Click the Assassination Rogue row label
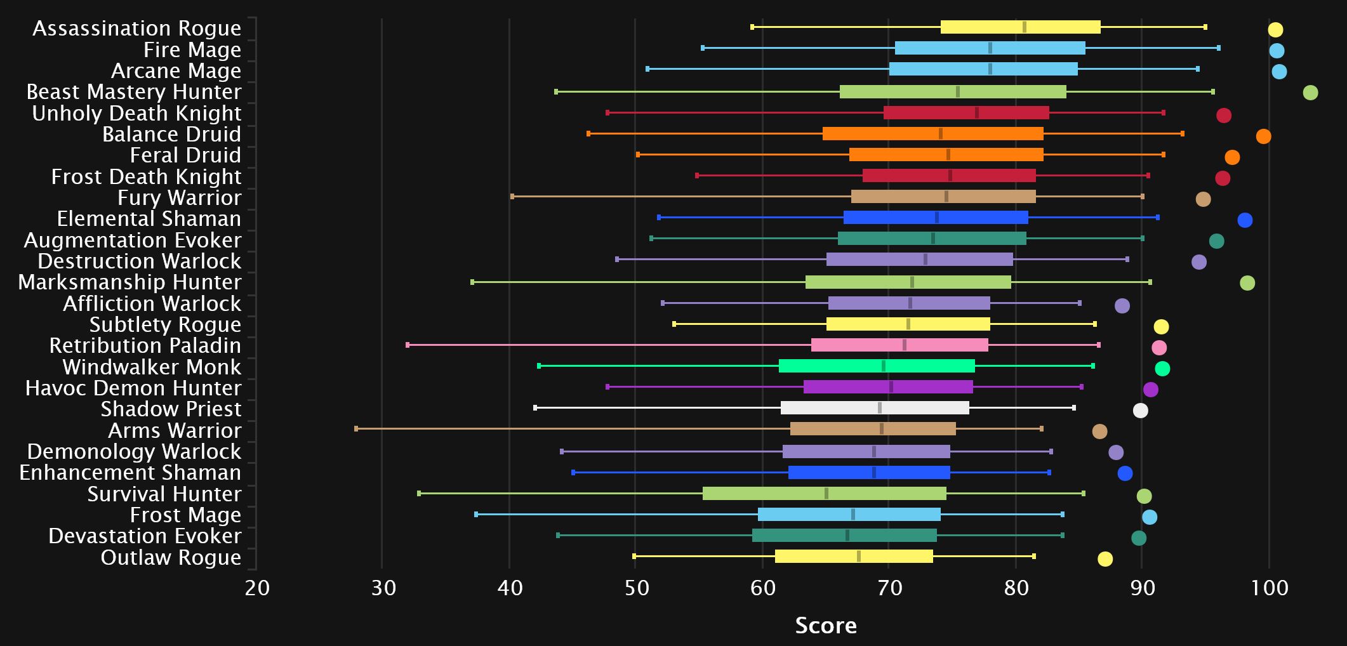point(137,29)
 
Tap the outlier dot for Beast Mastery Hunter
point(1310,93)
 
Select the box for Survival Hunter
point(824,494)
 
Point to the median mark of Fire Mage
point(990,48)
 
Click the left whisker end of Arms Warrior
point(356,429)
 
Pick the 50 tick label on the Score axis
point(636,588)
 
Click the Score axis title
point(826,626)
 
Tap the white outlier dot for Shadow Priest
point(1140,411)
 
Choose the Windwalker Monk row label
point(152,367)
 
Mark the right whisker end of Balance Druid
point(1182,133)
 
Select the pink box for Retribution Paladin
point(899,345)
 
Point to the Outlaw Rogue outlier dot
point(1105,559)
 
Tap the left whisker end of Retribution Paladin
point(408,345)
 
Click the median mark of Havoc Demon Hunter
point(891,387)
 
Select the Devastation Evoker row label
point(145,536)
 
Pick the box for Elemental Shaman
point(936,218)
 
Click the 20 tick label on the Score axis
point(257,588)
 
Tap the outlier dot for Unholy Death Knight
point(1224,115)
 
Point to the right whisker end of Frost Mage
point(1063,515)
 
